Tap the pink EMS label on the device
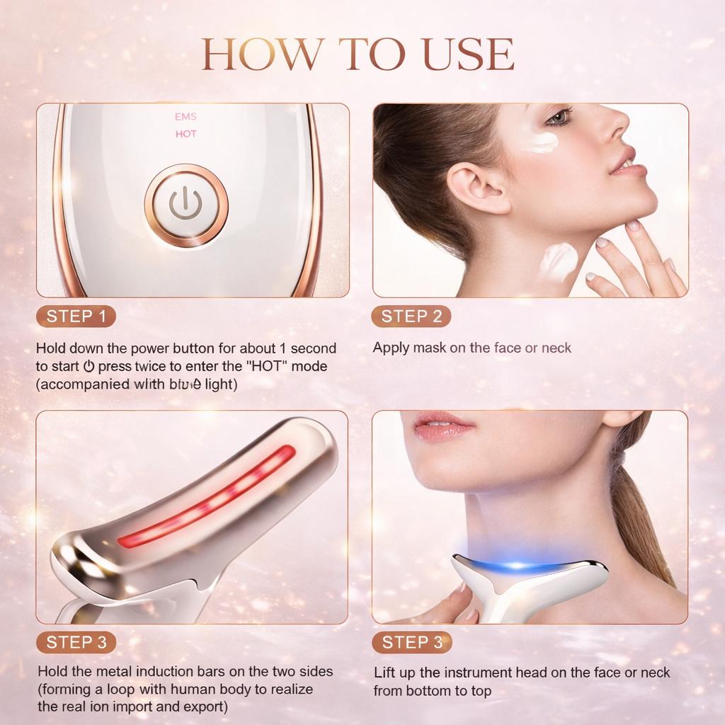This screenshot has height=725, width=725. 185,117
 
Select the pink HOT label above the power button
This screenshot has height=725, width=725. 186,134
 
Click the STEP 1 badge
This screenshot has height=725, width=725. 76,316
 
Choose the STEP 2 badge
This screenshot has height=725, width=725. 411,316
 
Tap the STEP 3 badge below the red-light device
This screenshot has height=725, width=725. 76,642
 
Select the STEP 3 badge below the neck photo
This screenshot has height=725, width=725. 411,642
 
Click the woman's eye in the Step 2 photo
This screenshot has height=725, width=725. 559,118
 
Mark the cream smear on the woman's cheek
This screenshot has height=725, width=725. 540,141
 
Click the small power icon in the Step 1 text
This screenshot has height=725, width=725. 89,366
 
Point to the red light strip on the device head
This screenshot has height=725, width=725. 206,496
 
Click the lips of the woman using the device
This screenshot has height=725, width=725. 443,426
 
